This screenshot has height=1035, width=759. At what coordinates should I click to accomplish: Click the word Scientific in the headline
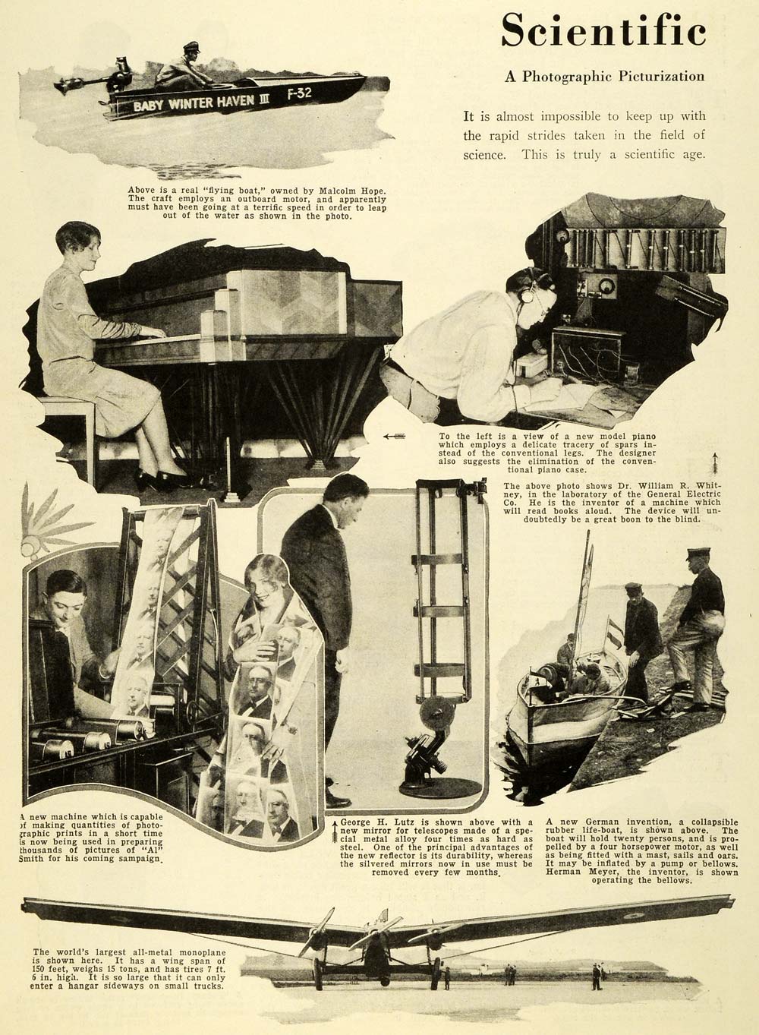603,30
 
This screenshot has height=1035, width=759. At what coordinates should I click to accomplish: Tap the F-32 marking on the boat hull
299,94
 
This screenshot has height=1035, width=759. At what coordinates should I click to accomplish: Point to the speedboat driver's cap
191,46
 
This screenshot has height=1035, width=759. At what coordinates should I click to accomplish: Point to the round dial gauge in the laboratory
606,286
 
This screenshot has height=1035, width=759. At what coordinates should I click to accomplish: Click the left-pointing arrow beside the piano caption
394,436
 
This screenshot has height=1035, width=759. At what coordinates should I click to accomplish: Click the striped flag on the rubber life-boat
614,636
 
